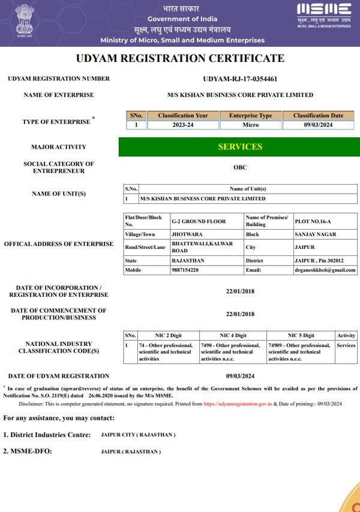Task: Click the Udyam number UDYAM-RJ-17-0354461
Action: [x=240, y=79]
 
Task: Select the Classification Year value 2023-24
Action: [x=183, y=125]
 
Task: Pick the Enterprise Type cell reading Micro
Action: [x=250, y=125]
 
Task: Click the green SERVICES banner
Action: [x=240, y=147]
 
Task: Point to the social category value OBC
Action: [x=240, y=168]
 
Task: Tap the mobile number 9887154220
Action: [x=185, y=270]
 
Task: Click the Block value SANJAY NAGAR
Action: [x=316, y=234]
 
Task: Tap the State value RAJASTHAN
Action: [x=188, y=261]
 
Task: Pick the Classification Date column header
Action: [x=318, y=115]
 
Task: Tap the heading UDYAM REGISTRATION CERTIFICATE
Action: [x=180, y=59]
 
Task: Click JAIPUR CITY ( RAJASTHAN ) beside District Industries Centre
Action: [x=138, y=435]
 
